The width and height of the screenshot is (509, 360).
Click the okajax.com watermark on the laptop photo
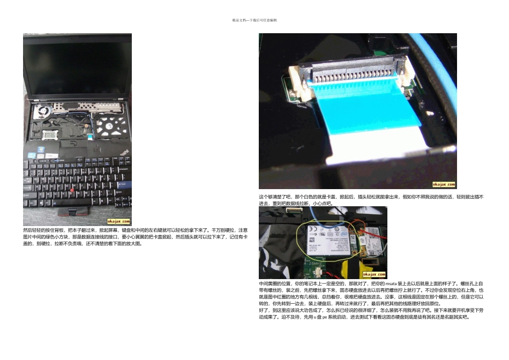coord(119,221)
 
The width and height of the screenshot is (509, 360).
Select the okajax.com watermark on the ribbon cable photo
coord(443,184)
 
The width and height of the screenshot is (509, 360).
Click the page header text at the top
coord(254,20)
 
